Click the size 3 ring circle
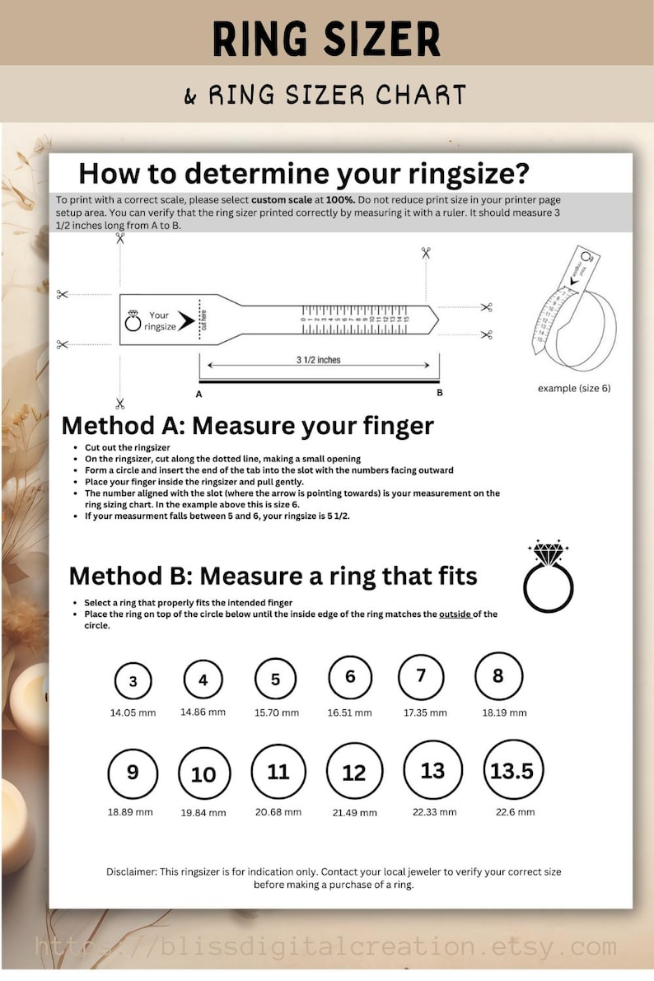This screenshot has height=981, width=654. pyautogui.click(x=133, y=682)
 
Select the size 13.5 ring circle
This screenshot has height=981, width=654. pyautogui.click(x=512, y=771)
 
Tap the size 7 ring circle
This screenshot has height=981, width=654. pyautogui.click(x=421, y=677)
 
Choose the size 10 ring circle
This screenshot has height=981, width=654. pyautogui.click(x=203, y=774)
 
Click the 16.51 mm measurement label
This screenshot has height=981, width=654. pyautogui.click(x=350, y=712)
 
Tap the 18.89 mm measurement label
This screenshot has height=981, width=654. pyautogui.click(x=130, y=811)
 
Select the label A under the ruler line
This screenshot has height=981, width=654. pyautogui.click(x=199, y=394)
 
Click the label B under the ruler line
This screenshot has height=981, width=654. pyautogui.click(x=440, y=393)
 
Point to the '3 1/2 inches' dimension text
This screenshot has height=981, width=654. pyautogui.click(x=318, y=360)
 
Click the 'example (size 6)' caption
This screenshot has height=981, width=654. pyautogui.click(x=574, y=388)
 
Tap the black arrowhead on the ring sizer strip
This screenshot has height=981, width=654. pyautogui.click(x=185, y=321)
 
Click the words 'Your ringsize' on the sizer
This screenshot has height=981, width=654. pyautogui.click(x=159, y=321)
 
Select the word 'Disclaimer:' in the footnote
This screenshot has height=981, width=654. pyautogui.click(x=130, y=871)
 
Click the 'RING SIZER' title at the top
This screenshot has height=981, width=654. pyautogui.click(x=326, y=39)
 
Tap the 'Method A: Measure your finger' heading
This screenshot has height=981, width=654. pyautogui.click(x=247, y=426)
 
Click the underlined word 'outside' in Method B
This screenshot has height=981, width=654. pyautogui.click(x=455, y=614)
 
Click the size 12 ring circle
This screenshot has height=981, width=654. pyautogui.click(x=354, y=773)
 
